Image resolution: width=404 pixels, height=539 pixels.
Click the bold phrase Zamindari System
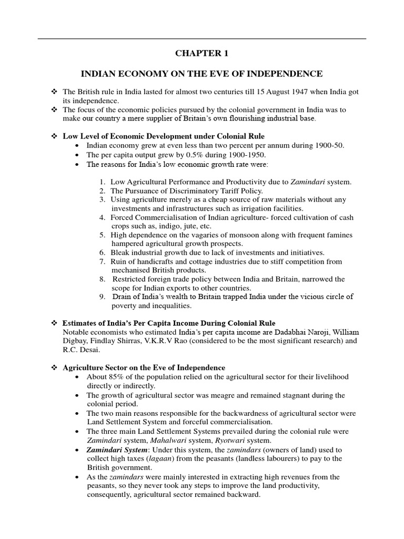click(116, 450)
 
